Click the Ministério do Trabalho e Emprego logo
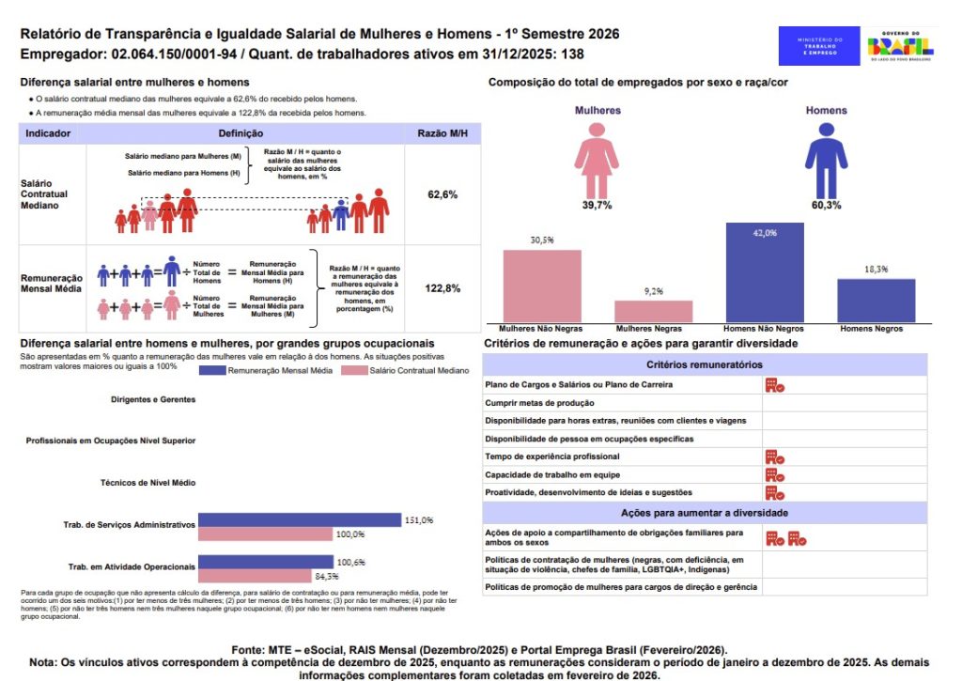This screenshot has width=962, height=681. click(819, 46)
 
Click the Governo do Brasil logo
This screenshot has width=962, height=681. click(900, 46)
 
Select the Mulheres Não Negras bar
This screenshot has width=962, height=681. click(541, 286)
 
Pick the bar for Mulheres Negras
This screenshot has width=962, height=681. click(653, 312)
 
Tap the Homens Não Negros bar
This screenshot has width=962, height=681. click(764, 273)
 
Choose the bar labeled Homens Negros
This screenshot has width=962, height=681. click(876, 301)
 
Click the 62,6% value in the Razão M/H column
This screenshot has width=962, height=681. click(441, 194)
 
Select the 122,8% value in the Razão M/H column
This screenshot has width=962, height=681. click(441, 288)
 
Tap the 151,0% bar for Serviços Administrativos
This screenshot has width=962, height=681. click(300, 519)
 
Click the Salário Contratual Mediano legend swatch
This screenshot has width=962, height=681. click(354, 371)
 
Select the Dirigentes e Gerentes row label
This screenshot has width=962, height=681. click(152, 399)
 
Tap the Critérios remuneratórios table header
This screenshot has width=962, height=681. click(705, 364)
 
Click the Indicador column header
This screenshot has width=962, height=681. click(48, 134)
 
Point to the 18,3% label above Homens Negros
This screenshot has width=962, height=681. click(876, 269)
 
